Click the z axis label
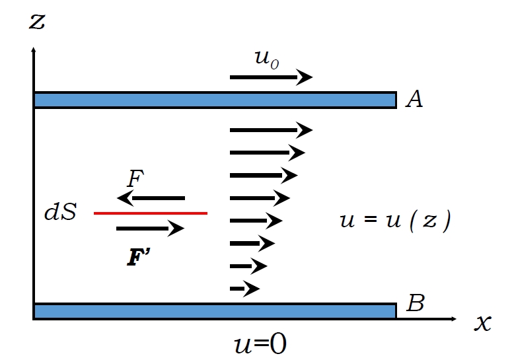coord(37,21)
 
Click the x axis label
coord(483,323)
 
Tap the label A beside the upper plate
coord(414,99)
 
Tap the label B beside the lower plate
coord(416,304)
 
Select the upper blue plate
coord(215,100)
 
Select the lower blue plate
coord(215,311)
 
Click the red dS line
coord(151,213)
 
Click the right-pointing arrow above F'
coord(150,229)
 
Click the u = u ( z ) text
coord(394,220)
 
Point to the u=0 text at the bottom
coord(260,344)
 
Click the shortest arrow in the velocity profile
coord(244,289)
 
